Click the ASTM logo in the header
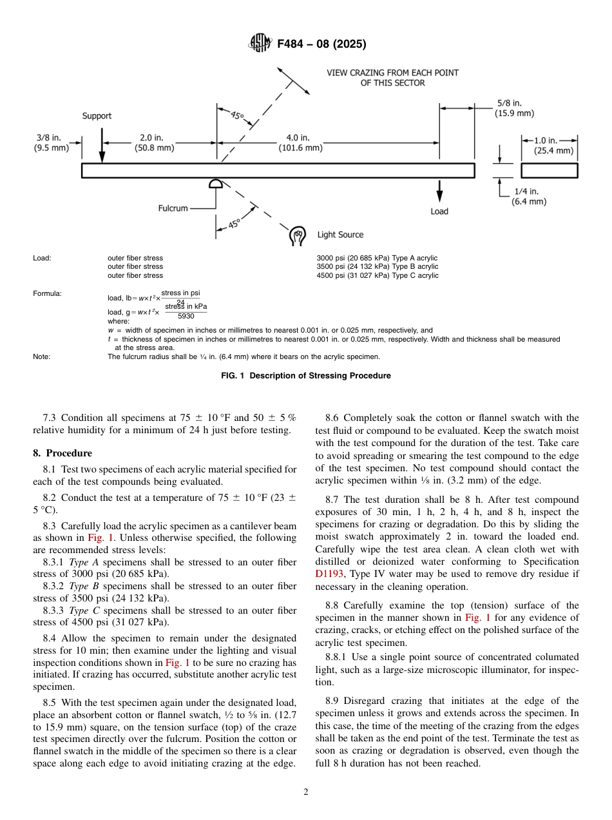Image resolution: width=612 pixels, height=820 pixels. pyautogui.click(x=260, y=44)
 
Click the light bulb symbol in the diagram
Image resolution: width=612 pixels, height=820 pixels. pyautogui.click(x=298, y=235)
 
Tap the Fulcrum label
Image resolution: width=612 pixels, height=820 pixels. pyautogui.click(x=173, y=208)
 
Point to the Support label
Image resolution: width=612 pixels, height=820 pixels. pyautogui.click(x=97, y=116)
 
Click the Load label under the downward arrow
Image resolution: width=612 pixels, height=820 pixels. pyautogui.click(x=439, y=211)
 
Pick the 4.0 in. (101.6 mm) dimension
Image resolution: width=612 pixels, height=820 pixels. pyautogui.click(x=300, y=142)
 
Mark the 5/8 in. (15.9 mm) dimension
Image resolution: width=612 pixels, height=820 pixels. pyautogui.click(x=514, y=108)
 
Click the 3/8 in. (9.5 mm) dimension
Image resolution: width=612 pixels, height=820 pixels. pyautogui.click(x=51, y=142)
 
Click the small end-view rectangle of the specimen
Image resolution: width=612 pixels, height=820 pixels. pyautogui.click(x=549, y=171)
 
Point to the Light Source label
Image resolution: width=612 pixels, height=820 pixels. pyautogui.click(x=340, y=235)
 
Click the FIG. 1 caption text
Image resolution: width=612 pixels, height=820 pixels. pyautogui.click(x=305, y=376)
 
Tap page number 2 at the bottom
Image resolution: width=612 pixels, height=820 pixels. pyautogui.click(x=306, y=792)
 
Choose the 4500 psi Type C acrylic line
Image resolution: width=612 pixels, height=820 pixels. pyautogui.click(x=377, y=275)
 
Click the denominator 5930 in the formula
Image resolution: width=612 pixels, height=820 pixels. pyautogui.click(x=186, y=316)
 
